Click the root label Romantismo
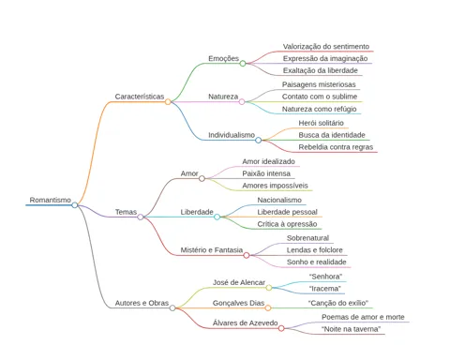click(51, 200)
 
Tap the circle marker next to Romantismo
click(75, 205)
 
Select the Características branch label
click(140, 97)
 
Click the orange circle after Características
click(168, 102)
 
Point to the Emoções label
click(224, 59)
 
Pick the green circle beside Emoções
click(243, 64)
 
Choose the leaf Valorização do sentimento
click(326, 47)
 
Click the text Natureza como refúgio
click(319, 109)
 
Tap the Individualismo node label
click(232, 135)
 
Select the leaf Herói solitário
click(321, 123)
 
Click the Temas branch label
click(126, 212)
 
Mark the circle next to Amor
click(202, 178)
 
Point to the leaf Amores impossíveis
click(275, 186)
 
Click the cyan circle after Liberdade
click(217, 217)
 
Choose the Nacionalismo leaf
click(279, 200)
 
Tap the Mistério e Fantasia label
click(212, 250)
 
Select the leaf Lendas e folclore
click(315, 250)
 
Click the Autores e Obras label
click(142, 303)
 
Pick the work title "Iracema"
click(325, 289)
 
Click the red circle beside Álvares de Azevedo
click(281, 328)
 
